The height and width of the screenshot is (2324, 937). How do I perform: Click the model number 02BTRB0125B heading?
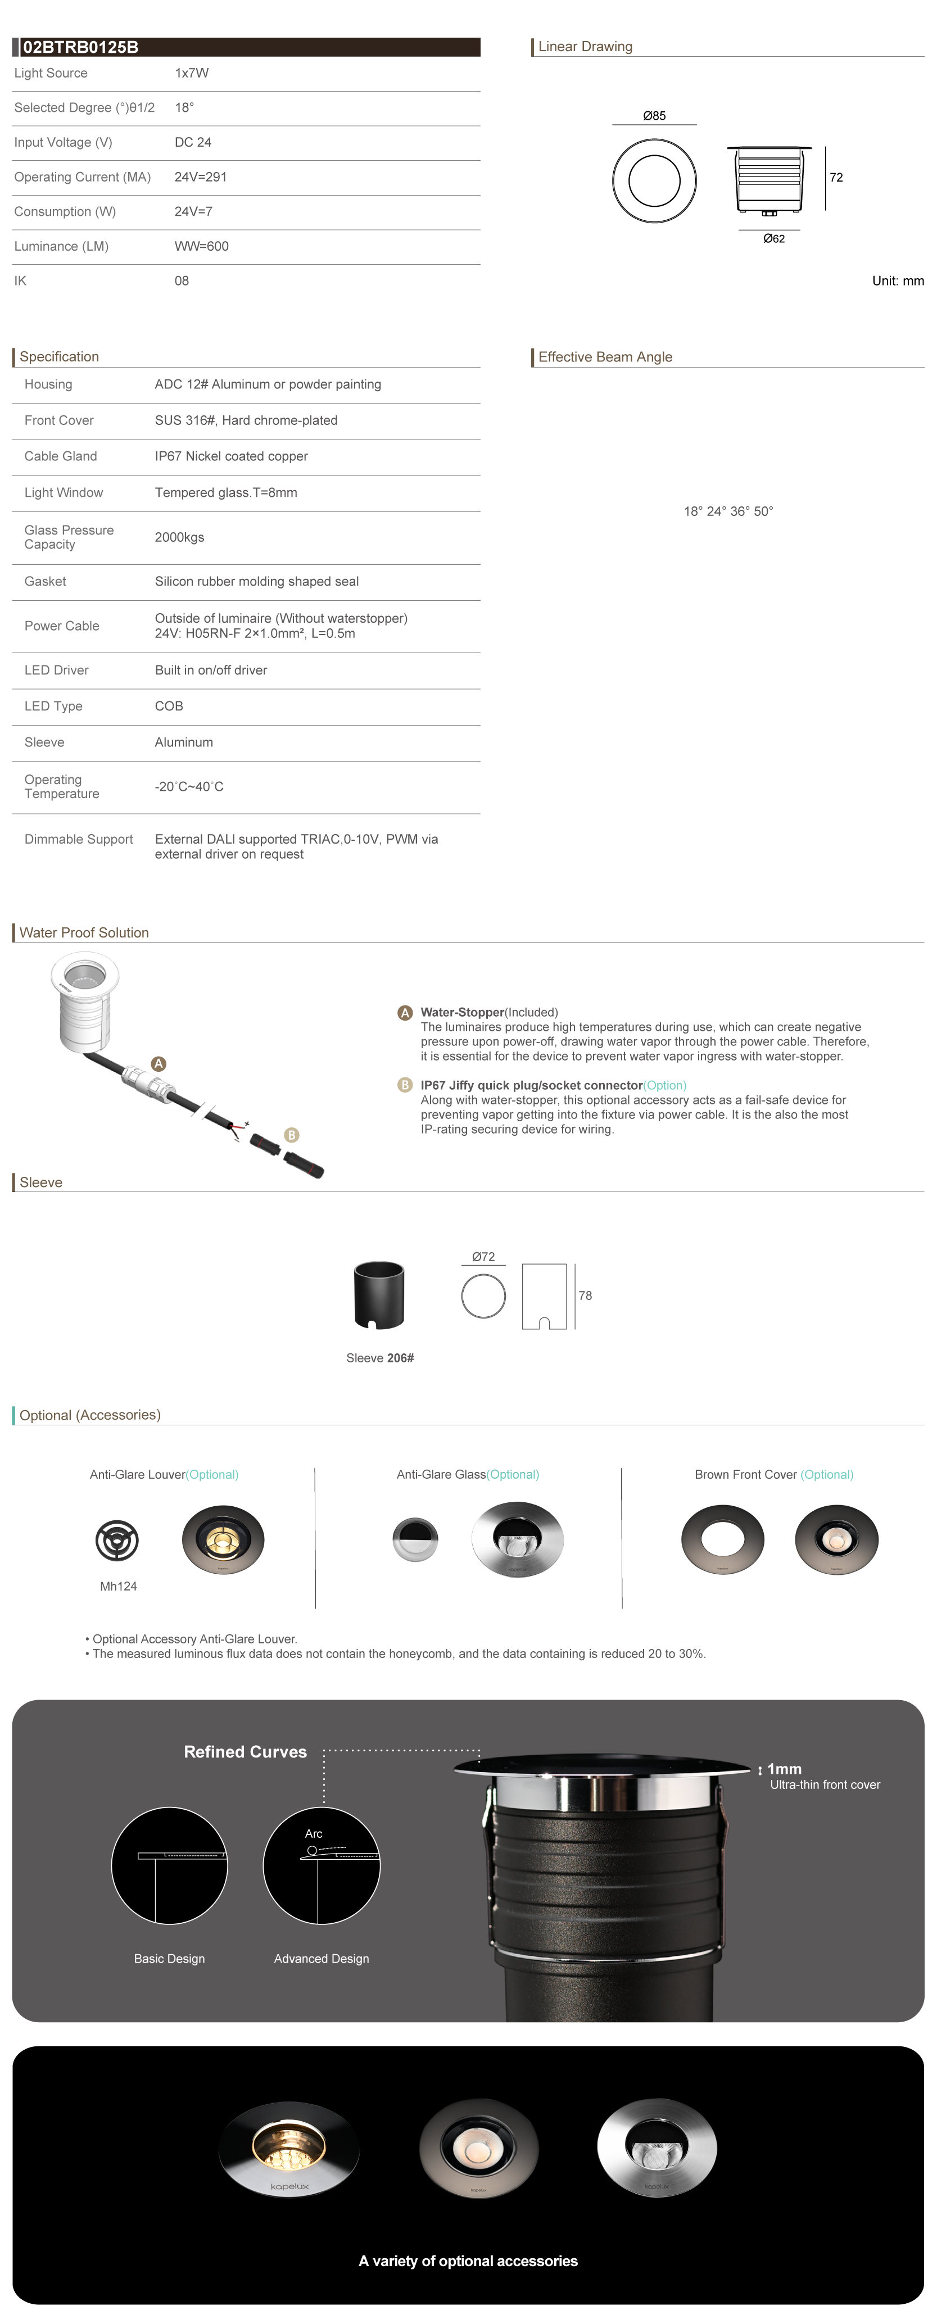click(80, 47)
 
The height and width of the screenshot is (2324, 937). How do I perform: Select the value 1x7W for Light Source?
click(191, 73)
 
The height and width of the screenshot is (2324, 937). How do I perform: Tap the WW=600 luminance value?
click(201, 246)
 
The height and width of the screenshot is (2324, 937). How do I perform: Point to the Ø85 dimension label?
click(654, 115)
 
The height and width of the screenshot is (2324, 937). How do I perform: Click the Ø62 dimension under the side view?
click(773, 239)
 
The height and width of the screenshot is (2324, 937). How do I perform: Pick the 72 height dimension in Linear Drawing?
click(836, 178)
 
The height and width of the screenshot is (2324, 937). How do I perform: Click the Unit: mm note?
click(897, 280)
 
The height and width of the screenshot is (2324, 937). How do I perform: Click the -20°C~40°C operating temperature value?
click(189, 787)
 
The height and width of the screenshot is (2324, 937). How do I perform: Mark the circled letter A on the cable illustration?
click(159, 1064)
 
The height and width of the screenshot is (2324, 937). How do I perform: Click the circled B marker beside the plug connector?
click(292, 1135)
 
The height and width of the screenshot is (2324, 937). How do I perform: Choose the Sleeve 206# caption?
click(380, 1358)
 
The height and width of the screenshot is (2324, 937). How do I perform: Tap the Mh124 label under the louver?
click(118, 1586)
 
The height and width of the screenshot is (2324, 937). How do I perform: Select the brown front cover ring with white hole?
click(722, 1539)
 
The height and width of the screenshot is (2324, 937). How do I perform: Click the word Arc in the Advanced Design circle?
click(313, 1833)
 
